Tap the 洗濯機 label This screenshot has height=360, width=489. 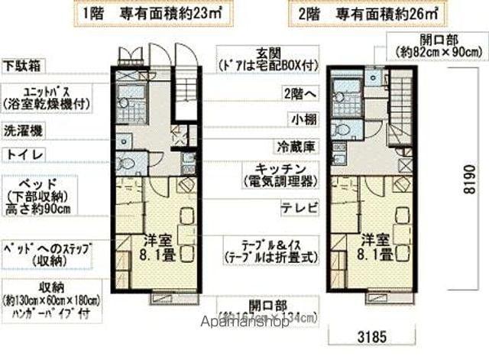tap(21, 130)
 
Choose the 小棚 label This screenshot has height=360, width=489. tap(299, 118)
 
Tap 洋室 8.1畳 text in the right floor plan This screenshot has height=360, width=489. tap(377, 245)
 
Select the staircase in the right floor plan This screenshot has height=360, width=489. tap(398, 107)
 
